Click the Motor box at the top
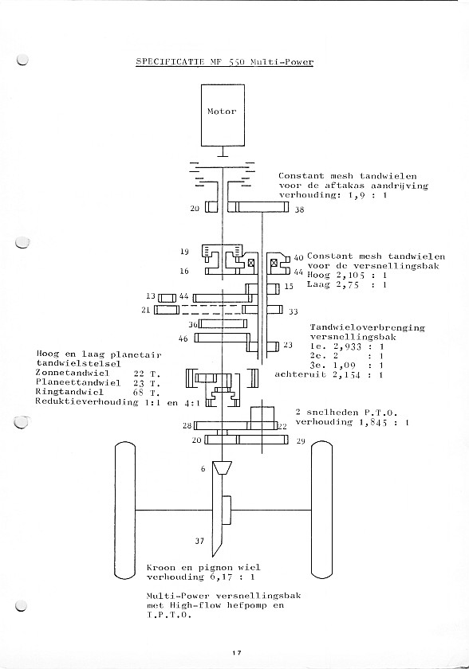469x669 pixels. point(223,115)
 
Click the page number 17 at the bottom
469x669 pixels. point(237,652)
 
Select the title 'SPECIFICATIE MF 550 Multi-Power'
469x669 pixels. point(225,62)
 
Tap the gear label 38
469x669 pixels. point(299,209)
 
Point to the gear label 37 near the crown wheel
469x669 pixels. point(199,541)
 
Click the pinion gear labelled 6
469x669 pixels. point(223,468)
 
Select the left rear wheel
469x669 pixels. point(125,510)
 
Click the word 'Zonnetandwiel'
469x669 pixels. point(73,373)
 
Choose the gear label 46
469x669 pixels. point(183,338)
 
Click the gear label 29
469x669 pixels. point(301,440)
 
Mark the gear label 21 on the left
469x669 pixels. point(146,310)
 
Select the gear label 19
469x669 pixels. point(184,252)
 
